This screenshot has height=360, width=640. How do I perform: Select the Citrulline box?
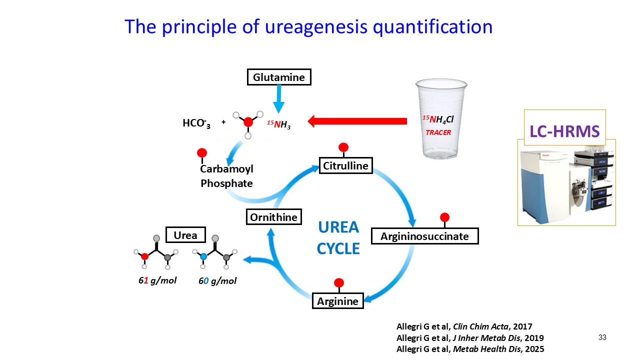pyautogui.click(x=346, y=165)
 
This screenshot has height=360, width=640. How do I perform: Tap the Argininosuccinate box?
pyautogui.click(x=424, y=236)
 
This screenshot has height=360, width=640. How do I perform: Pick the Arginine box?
pyautogui.click(x=338, y=301)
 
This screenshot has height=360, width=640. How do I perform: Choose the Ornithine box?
pyautogui.click(x=274, y=217)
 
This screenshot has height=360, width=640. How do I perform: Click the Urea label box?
pyautogui.click(x=185, y=235)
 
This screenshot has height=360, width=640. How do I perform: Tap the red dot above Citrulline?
pyautogui.click(x=343, y=147)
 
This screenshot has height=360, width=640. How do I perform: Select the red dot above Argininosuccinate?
pyautogui.click(x=444, y=217)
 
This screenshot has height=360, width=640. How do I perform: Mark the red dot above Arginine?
pyautogui.click(x=339, y=282)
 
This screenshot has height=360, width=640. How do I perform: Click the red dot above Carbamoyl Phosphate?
pyautogui.click(x=202, y=152)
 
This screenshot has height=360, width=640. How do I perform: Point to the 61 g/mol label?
pyautogui.click(x=157, y=280)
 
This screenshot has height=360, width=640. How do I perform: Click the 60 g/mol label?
pyautogui.click(x=217, y=281)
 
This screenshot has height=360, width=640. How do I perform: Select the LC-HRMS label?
pyautogui.click(x=564, y=131)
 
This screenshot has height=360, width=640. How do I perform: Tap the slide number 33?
pyautogui.click(x=602, y=338)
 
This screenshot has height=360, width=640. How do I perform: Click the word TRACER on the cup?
pyautogui.click(x=438, y=132)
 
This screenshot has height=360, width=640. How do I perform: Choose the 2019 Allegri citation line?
pyautogui.click(x=470, y=337)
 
